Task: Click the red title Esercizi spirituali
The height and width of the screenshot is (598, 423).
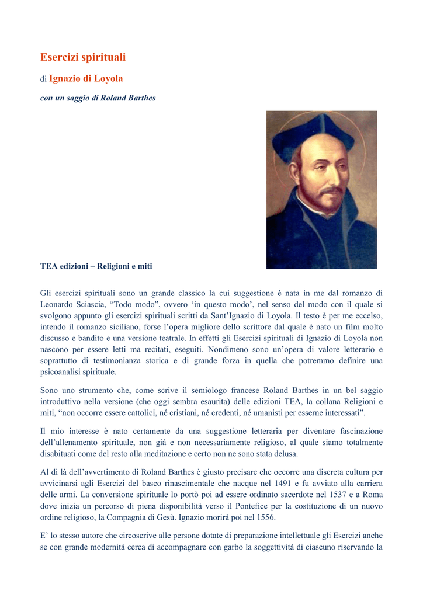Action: tap(83, 57)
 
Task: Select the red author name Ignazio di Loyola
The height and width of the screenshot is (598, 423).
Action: tap(86, 78)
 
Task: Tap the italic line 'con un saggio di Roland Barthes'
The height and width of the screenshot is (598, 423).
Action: tap(98, 98)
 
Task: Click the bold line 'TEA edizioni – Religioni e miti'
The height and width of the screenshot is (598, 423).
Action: tap(96, 266)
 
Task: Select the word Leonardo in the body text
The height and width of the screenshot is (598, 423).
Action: tap(57, 305)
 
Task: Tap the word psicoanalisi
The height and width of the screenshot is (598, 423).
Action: tap(61, 371)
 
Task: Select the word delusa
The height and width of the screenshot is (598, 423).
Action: tap(285, 453)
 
